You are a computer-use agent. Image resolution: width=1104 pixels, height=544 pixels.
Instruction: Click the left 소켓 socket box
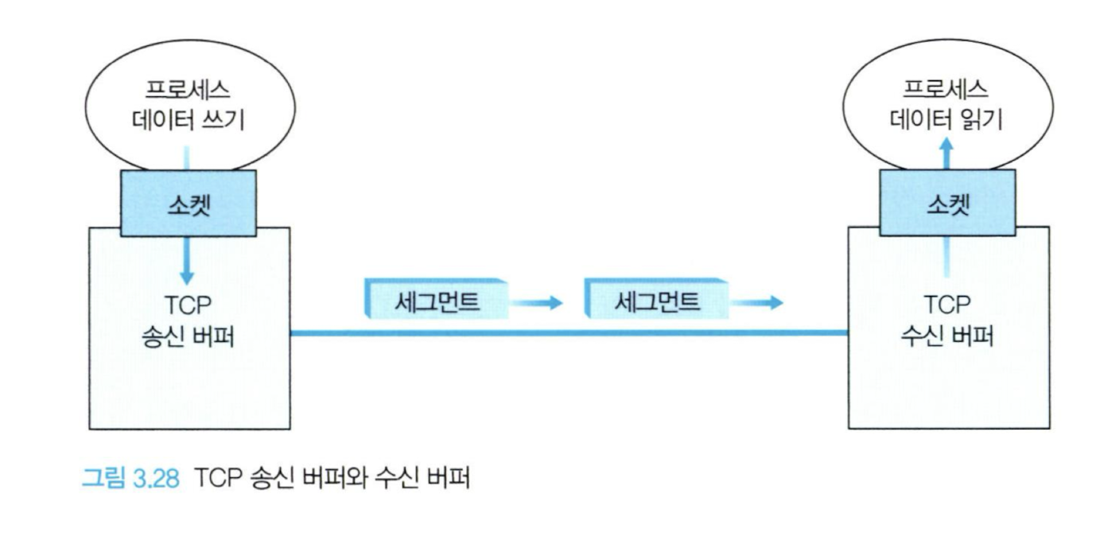point(188,203)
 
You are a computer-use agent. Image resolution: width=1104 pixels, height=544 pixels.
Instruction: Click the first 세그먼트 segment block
point(436,301)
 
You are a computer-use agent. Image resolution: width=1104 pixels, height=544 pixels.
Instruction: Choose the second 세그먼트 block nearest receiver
point(656,301)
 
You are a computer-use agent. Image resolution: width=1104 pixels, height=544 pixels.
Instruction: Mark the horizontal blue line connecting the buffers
point(569,332)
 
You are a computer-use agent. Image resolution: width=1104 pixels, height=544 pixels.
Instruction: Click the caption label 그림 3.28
point(134,480)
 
